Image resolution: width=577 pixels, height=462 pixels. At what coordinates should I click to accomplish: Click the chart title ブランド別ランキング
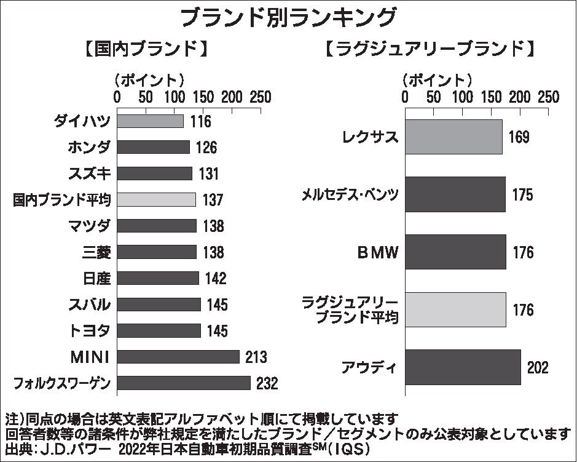pyautogui.click(x=288, y=17)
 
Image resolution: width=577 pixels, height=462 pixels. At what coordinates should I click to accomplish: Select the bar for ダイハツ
pyautogui.click(x=150, y=121)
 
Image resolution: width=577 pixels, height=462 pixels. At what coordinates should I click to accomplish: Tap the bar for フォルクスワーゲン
pyautogui.click(x=184, y=383)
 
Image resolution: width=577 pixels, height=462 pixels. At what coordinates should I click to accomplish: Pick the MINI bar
pyautogui.click(x=178, y=357)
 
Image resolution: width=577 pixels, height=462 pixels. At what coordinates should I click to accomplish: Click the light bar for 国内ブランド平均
pyautogui.click(x=156, y=199)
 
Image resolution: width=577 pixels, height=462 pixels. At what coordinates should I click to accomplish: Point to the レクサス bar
pyautogui.click(x=453, y=137)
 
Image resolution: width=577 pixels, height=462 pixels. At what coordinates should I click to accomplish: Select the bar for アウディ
pyautogui.click(x=463, y=367)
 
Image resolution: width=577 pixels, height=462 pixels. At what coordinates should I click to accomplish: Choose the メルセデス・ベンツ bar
pyautogui.click(x=455, y=194)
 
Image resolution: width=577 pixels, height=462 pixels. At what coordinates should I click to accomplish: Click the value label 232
pyautogui.click(x=267, y=383)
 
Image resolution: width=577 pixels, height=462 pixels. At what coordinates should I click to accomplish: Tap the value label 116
pyautogui.click(x=200, y=121)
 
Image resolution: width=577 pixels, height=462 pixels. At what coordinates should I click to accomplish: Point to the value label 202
pyautogui.click(x=537, y=368)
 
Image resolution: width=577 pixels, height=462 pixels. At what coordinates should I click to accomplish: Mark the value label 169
pyautogui.click(x=519, y=137)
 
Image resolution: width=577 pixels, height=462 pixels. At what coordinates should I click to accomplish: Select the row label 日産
pyautogui.click(x=96, y=278)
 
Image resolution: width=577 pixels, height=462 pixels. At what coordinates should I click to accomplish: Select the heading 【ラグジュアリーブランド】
pyautogui.click(x=428, y=49)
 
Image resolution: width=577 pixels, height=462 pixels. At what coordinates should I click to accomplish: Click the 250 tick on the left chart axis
pyautogui.click(x=261, y=97)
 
